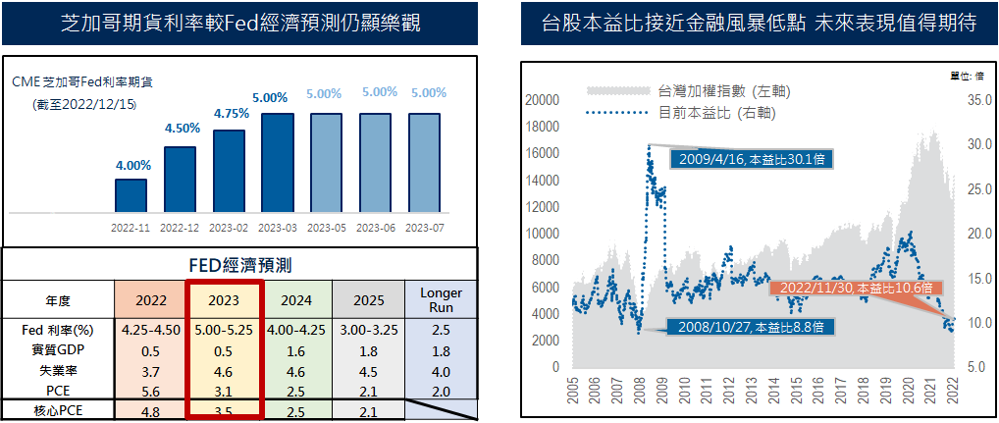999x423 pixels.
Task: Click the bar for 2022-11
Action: pos(131,195)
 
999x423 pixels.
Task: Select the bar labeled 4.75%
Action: pos(229,172)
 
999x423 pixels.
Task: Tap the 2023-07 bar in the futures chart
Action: pos(425,163)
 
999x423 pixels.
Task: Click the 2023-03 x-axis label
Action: pos(278,227)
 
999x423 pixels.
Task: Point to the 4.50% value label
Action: pos(182,129)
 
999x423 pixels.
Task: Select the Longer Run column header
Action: pos(441,300)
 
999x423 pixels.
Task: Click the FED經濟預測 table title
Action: pos(239,264)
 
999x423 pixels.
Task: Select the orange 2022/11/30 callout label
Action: pos(856,288)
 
